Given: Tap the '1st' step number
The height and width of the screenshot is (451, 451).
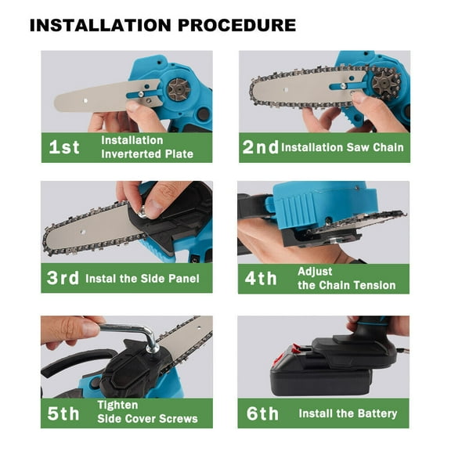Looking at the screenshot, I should coord(63,147).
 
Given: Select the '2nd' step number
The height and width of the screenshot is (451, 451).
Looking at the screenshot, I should coord(259,147).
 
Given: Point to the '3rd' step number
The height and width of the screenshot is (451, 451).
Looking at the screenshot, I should coord(65,278).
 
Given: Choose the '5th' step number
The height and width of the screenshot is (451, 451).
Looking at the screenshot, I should coord(65,413).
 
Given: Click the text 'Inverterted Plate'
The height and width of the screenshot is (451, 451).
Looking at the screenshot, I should coord(147,154).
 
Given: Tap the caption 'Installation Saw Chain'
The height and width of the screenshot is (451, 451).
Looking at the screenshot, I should coord(342,147).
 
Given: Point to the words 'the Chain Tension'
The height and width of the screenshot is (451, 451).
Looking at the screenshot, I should coord(347,285).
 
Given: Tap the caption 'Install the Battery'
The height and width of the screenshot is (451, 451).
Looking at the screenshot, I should coord(348,413).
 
